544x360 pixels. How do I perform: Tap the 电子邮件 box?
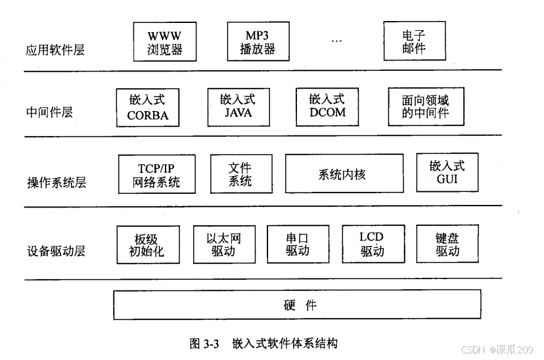tap(414, 40)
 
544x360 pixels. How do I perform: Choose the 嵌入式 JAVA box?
tap(238, 106)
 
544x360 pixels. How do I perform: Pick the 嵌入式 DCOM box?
tap(327, 106)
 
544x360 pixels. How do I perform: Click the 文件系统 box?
tap(240, 173)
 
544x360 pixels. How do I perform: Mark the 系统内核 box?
tap(344, 173)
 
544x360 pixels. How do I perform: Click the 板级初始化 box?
tap(147, 244)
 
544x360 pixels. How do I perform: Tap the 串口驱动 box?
tap(298, 244)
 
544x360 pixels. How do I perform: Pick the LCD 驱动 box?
tap(372, 244)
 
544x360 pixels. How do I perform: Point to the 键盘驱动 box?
tap(447, 244)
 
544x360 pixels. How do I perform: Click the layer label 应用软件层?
tap(56, 49)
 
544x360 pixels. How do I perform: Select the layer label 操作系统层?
tap(56, 183)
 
